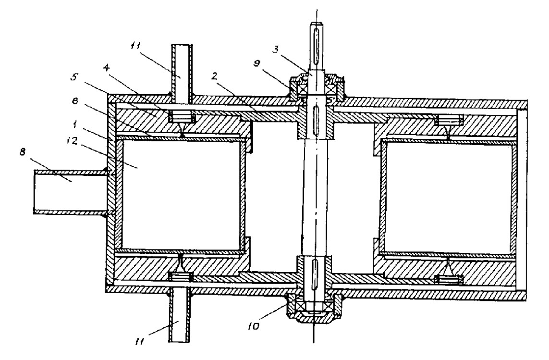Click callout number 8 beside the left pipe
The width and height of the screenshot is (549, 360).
(x=23, y=153)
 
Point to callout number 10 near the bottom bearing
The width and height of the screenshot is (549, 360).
(x=254, y=326)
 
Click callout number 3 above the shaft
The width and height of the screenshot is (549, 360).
(x=277, y=49)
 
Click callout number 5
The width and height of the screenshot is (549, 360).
(x=74, y=77)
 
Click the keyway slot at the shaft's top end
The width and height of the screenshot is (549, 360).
(x=317, y=43)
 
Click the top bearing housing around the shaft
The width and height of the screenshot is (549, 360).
(x=317, y=86)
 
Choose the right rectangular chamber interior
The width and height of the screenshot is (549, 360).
(x=448, y=199)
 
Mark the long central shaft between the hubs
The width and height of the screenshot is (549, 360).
(x=316, y=196)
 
